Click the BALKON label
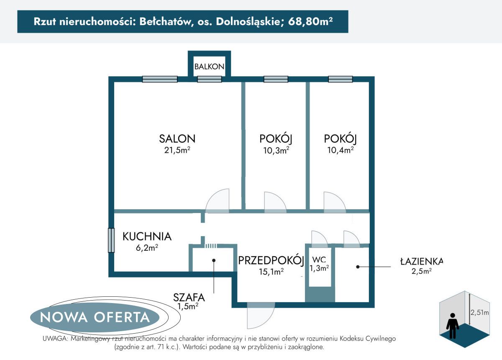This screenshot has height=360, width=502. pyautogui.click(x=209, y=67)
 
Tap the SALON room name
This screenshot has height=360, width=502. pyautogui.click(x=177, y=139)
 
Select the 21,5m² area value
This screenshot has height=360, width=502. pyautogui.click(x=177, y=150)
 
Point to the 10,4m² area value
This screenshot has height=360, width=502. pyautogui.click(x=340, y=150)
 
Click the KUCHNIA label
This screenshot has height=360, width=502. pyautogui.click(x=147, y=237)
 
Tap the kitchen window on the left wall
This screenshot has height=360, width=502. pyautogui.click(x=111, y=240)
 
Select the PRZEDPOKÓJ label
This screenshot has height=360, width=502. pyautogui.click(x=271, y=261)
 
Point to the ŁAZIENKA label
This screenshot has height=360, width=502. pyautogui.click(x=421, y=261)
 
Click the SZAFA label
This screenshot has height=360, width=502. pyautogui.click(x=189, y=298)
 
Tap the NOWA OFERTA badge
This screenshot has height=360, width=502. pyautogui.click(x=95, y=317)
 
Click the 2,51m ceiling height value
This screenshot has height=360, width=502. pyautogui.click(x=480, y=312)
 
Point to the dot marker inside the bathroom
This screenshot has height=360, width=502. pyautogui.click(x=357, y=266)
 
